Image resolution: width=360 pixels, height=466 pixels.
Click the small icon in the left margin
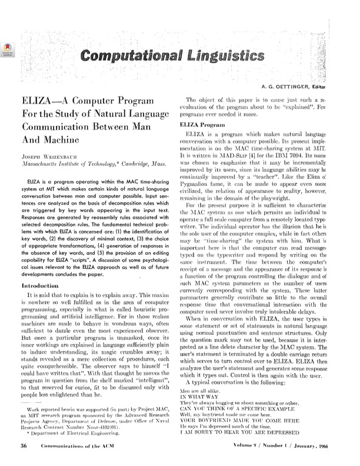(7, 51)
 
